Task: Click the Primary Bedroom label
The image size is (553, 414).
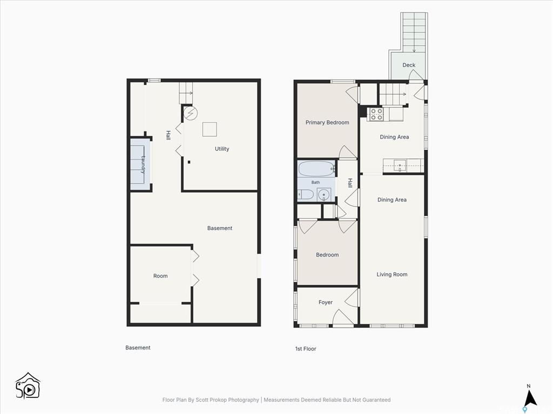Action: coord(327,122)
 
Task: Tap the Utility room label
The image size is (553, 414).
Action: coord(222,149)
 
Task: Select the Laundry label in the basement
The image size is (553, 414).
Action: coord(143,164)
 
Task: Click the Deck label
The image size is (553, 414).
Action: coord(409,65)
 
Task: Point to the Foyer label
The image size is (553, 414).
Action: coord(325,302)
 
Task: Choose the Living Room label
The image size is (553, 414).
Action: coord(392,274)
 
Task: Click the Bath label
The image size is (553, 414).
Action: coord(315,182)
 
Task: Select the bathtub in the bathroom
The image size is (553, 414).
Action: coord(316,169)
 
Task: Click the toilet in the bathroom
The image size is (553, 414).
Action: coord(306,194)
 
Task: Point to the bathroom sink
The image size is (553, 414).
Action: coord(324,195)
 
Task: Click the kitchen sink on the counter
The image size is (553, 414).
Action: coord(400,165)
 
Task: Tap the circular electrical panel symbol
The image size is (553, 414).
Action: coord(191,113)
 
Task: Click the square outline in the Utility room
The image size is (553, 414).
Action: coord(210,129)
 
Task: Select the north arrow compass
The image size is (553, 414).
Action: coord(529,398)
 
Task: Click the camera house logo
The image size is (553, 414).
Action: coord(28,386)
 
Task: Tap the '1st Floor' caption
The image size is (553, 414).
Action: coord(306,349)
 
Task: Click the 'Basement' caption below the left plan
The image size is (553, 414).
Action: coord(138,348)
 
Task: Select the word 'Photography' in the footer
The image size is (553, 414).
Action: coord(244,400)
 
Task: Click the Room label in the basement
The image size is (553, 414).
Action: coord(160,276)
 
